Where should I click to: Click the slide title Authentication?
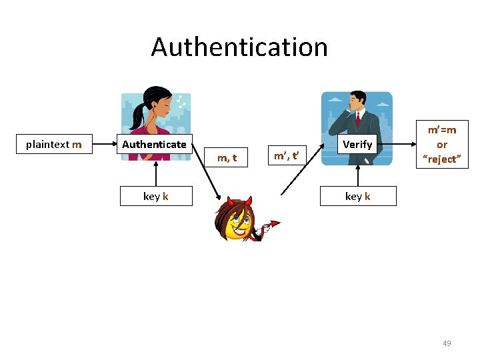click(239, 47)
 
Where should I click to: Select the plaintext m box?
click(54, 144)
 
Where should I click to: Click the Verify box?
click(357, 144)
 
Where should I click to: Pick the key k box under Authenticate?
click(156, 196)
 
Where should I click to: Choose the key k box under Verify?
click(358, 196)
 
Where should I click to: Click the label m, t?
click(227, 158)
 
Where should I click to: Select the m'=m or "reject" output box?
click(441, 145)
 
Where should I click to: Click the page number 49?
click(447, 343)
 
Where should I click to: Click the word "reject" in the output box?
click(441, 159)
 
